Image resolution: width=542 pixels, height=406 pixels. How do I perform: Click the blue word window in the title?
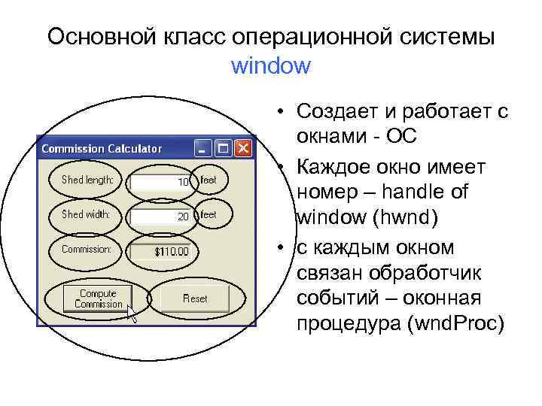click(270, 65)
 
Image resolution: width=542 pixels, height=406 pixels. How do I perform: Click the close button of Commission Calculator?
click(243, 147)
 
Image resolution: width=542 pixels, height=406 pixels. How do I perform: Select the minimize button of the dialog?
click(204, 147)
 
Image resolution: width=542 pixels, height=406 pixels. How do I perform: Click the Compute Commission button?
click(98, 298)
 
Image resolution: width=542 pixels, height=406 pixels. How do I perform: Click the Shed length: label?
click(87, 180)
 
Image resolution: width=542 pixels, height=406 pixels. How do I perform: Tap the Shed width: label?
click(86, 214)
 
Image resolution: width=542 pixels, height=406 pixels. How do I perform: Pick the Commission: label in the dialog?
click(87, 249)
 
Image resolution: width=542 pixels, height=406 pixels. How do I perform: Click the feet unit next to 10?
click(209, 180)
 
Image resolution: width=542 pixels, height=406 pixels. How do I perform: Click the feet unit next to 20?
click(209, 214)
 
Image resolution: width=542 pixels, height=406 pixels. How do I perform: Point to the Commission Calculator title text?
click(102, 148)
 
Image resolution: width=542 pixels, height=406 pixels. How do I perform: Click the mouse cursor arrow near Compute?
click(132, 313)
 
